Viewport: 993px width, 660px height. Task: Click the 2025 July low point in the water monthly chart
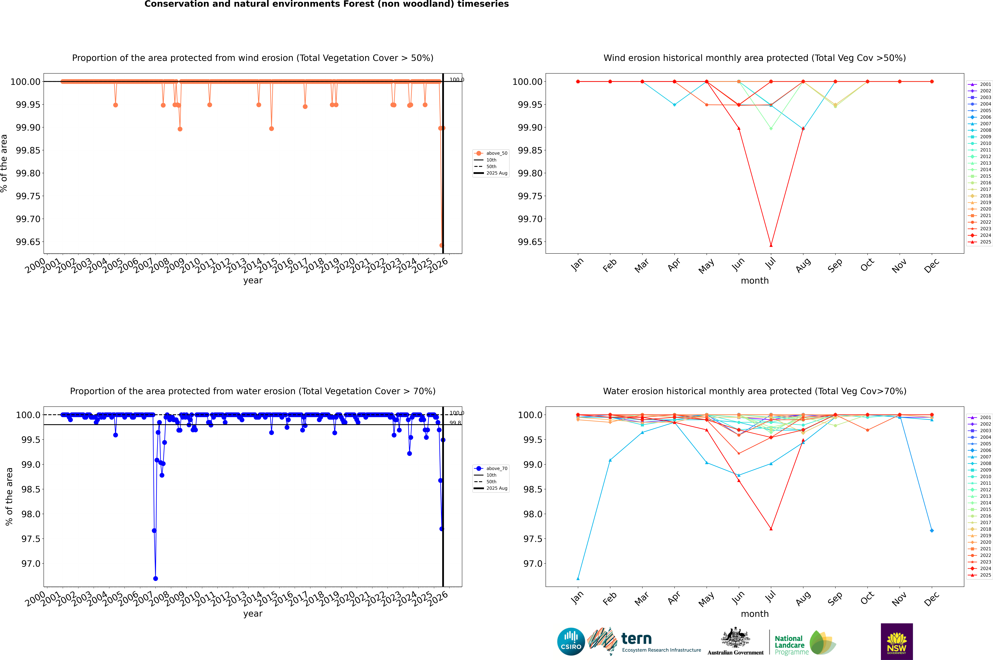point(771,529)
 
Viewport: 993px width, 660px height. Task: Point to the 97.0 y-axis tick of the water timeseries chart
point(31,564)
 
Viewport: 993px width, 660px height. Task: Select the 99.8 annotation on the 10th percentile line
point(455,423)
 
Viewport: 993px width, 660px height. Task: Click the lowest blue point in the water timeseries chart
point(155,578)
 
